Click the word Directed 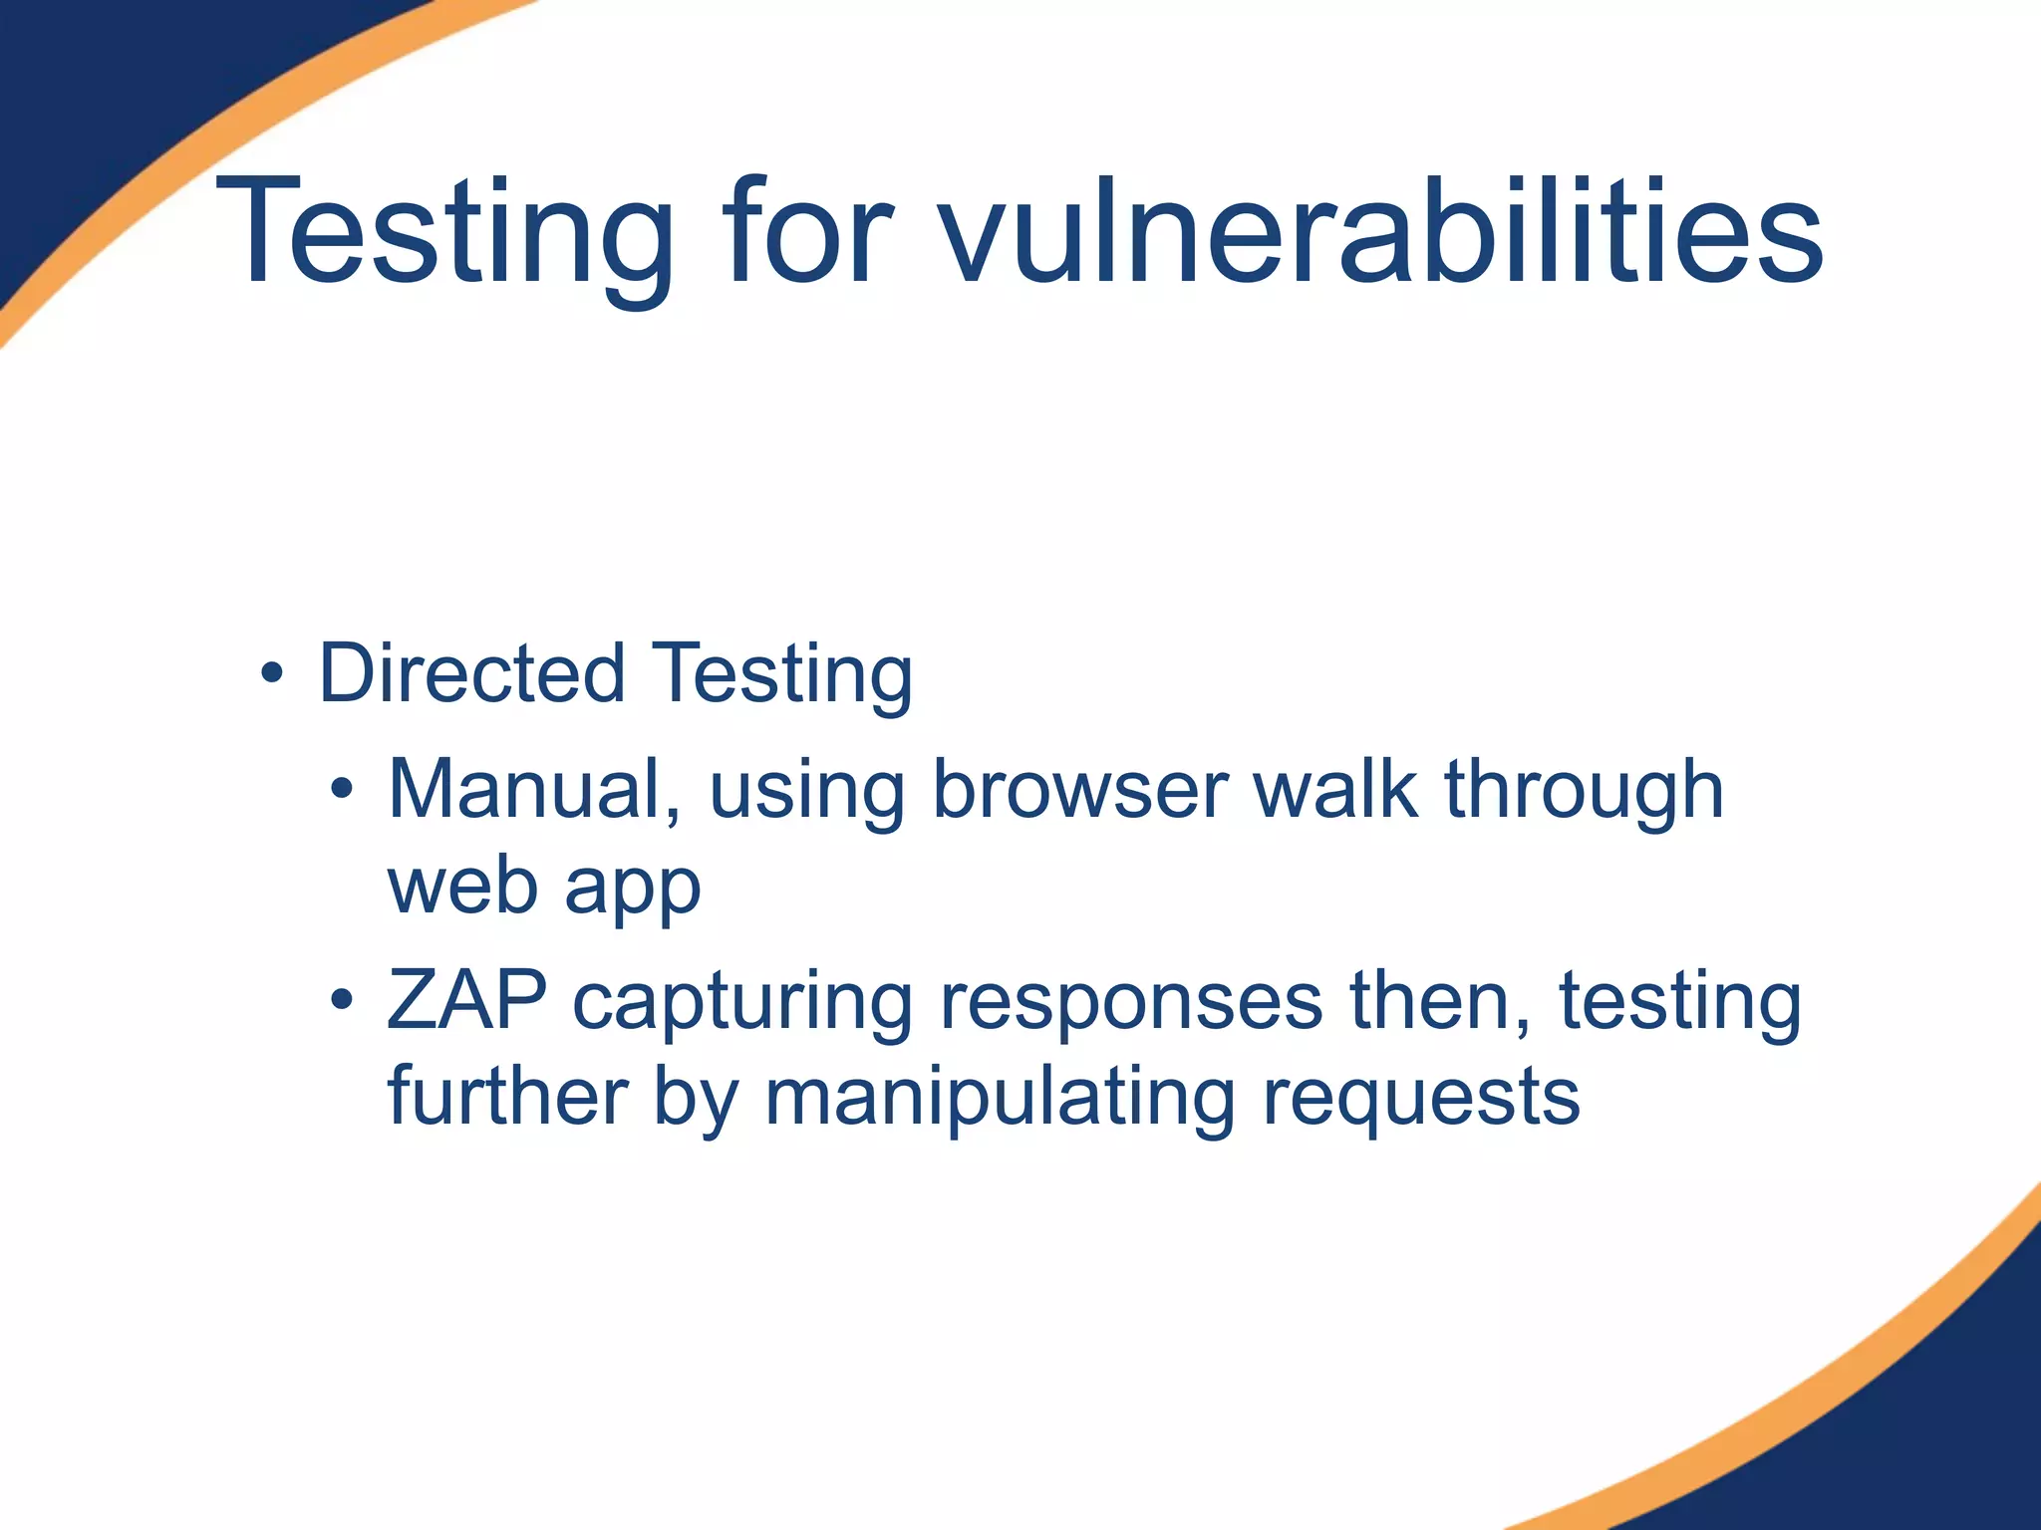(471, 673)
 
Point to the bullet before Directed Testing (271, 674)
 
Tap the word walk (1335, 789)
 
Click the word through (1585, 789)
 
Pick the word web (462, 886)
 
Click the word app (633, 889)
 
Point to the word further (507, 1096)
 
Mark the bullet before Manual (342, 790)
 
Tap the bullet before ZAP (342, 1000)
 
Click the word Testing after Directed (782, 675)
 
